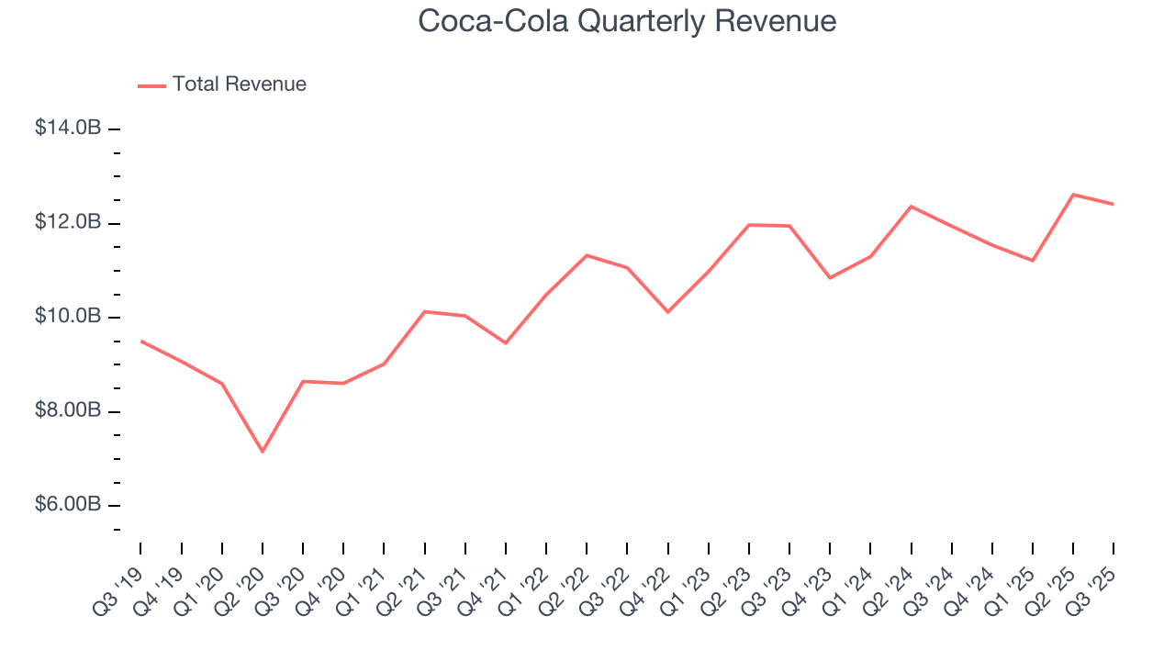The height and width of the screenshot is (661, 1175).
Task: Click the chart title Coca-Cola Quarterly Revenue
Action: [x=627, y=21]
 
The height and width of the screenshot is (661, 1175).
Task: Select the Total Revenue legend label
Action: [x=240, y=84]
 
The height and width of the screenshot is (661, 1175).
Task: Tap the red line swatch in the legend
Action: [x=151, y=85]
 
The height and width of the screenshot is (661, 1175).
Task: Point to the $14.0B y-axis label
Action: [x=68, y=129]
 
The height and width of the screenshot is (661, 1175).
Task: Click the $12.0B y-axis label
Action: [x=68, y=222]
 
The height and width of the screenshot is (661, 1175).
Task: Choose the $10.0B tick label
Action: [x=68, y=317]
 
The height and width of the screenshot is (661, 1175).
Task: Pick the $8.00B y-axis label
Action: [x=68, y=410]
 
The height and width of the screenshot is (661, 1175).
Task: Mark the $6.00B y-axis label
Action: [x=68, y=505]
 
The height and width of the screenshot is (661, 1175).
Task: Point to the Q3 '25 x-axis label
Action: [x=1095, y=579]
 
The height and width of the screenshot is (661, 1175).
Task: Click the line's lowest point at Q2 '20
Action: [x=263, y=452]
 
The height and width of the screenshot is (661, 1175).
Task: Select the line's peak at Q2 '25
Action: [x=1073, y=195]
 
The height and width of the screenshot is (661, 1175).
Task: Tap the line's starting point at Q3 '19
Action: [x=140, y=341]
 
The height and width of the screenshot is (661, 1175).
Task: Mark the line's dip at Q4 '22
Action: [x=668, y=312]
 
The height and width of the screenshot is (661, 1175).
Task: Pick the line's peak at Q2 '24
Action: [x=911, y=207]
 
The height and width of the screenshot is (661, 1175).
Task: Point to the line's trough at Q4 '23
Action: [x=830, y=277]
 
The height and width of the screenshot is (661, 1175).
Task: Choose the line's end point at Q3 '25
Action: [x=1113, y=204]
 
